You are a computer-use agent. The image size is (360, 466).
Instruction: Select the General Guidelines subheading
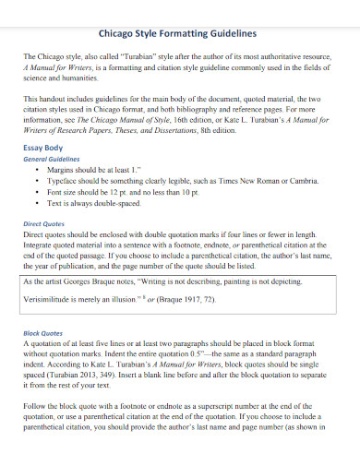click(53, 158)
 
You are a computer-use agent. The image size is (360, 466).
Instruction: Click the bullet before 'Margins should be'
click(36, 171)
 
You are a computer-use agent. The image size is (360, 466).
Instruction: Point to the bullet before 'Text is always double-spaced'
click(36, 202)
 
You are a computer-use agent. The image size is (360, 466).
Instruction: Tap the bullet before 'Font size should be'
click(36, 191)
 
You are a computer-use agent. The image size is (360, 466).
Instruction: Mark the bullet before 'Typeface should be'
click(36, 181)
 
